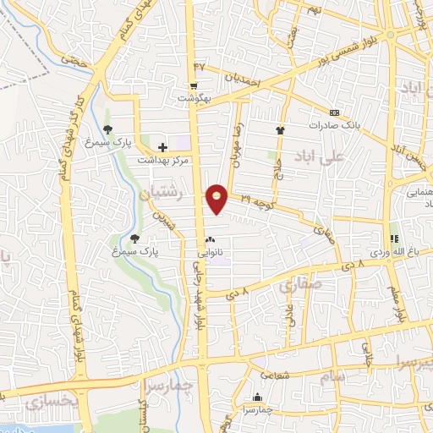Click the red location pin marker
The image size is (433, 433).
[217, 199]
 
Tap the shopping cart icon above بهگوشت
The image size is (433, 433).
[194, 85]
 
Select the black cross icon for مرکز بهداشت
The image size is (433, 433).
[162, 147]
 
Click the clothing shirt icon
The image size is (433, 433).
[280, 130]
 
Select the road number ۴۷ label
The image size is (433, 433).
[200, 65]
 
